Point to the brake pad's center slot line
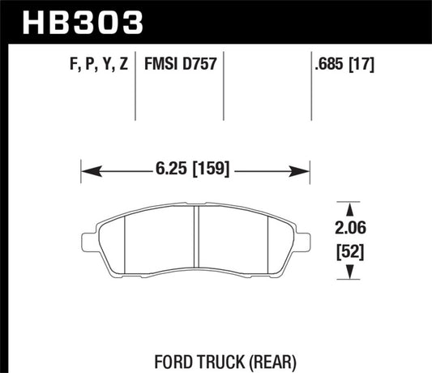(198, 241)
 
